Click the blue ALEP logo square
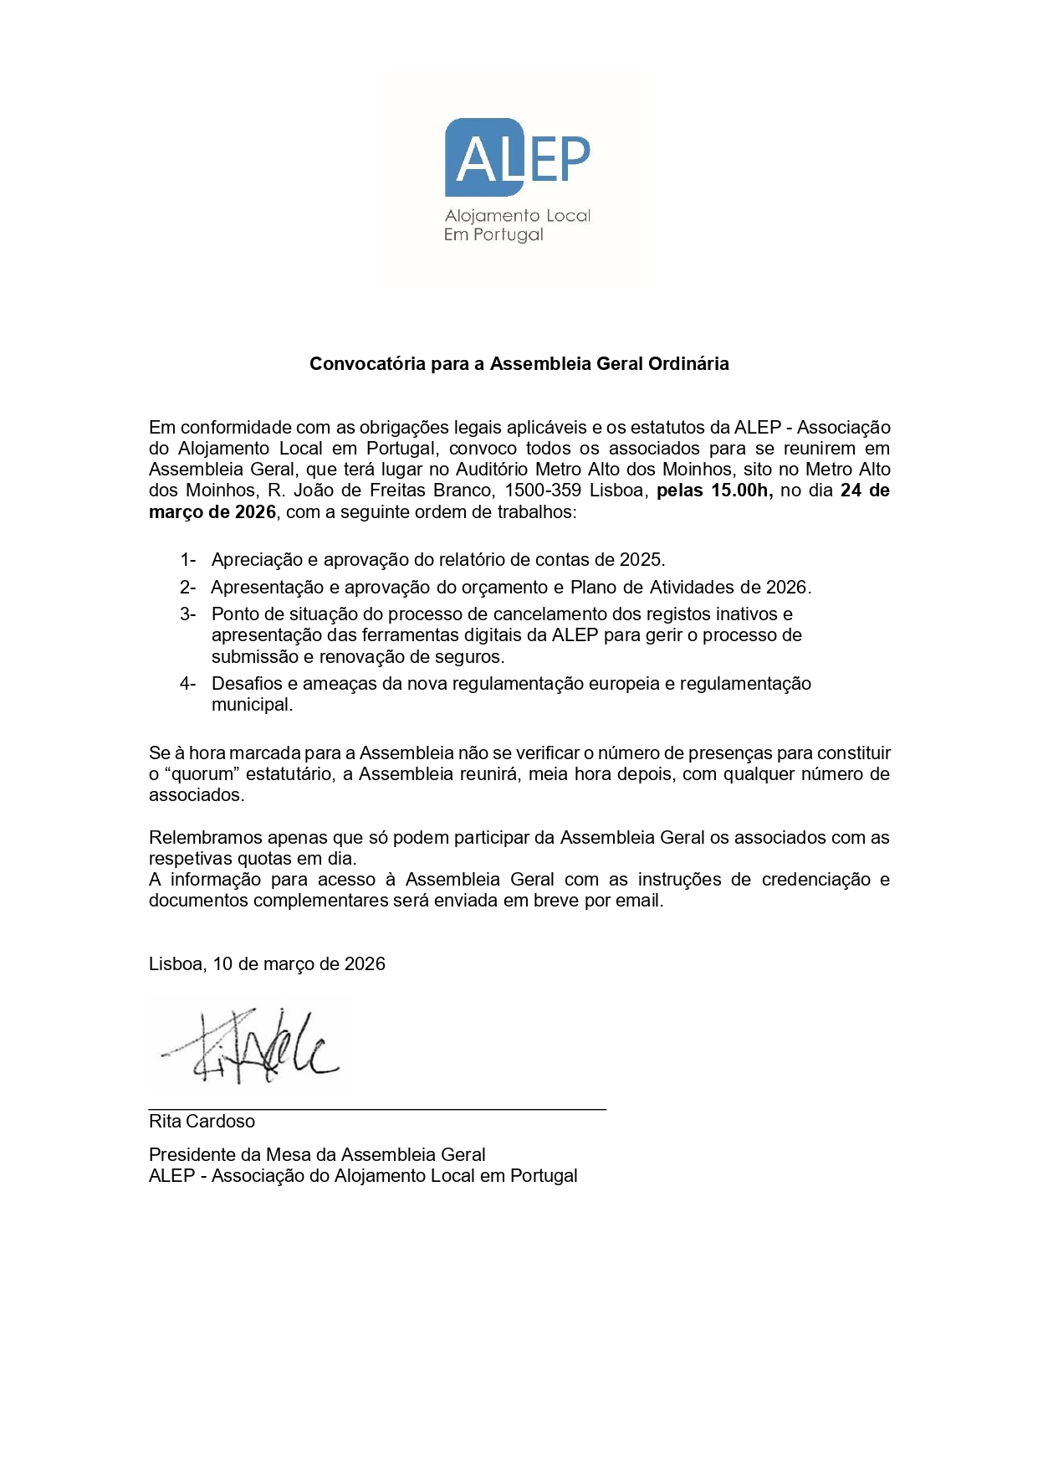[x=483, y=157]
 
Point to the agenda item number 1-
[x=188, y=559]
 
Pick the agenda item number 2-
[x=188, y=587]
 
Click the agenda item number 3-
[x=188, y=614]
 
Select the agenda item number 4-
[x=188, y=684]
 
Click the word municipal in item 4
[x=252, y=705]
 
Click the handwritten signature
[x=251, y=1046]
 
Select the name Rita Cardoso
[x=202, y=1122]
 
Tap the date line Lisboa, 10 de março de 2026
[x=267, y=964]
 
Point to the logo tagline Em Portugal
[x=493, y=235]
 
